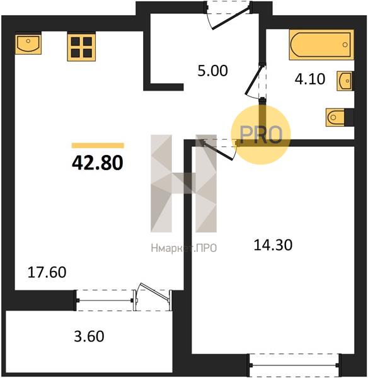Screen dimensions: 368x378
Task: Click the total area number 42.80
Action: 98,163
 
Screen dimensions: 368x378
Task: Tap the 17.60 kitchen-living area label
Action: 47,272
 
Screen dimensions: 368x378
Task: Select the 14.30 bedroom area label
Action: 273,244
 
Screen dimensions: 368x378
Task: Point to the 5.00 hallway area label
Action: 212,71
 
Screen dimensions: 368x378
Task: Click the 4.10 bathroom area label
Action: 310,79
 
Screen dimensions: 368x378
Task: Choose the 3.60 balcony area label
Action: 89,336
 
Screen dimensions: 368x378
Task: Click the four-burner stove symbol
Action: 81,47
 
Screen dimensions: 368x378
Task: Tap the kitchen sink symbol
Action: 28,44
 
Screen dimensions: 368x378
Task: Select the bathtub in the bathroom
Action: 321,45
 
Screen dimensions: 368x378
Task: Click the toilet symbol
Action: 340,117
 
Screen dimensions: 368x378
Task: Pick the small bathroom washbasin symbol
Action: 345,81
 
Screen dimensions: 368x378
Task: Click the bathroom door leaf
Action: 253,80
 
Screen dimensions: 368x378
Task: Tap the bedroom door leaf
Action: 218,151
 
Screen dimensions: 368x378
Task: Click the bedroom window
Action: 294,365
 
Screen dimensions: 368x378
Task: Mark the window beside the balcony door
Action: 105,301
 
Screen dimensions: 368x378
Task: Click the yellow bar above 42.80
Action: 98,146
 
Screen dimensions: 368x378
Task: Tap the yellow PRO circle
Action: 261,135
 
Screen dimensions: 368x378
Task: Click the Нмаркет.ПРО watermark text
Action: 184,248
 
